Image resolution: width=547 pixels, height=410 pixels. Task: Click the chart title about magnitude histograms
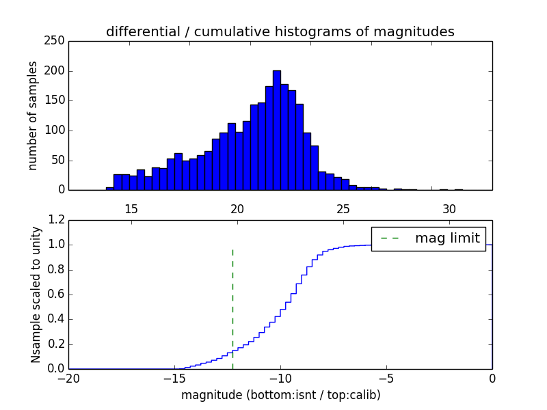pos(280,31)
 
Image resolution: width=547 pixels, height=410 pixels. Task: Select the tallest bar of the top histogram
pos(276,130)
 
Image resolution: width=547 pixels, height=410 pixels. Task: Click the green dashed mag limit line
pos(233,307)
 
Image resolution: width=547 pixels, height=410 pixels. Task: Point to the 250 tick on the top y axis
pos(57,41)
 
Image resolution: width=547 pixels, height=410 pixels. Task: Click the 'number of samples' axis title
pos(33,115)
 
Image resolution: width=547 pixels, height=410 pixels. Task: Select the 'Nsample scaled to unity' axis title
pos(36,295)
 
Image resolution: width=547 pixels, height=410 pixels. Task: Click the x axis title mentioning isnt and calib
pos(280,395)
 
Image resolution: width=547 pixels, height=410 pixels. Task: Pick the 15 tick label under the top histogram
pos(132,208)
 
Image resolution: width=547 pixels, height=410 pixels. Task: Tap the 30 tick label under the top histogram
pos(449,208)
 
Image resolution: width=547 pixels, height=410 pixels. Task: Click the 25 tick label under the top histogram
pos(343,208)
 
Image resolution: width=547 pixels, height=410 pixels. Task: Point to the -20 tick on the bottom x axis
pos(68,378)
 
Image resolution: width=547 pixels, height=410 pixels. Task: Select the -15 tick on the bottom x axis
pos(174,378)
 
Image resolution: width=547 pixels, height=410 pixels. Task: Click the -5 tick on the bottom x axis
pos(386,378)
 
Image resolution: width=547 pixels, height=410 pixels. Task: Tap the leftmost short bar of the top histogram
pos(109,188)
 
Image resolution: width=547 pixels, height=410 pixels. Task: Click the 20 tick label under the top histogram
pos(237,208)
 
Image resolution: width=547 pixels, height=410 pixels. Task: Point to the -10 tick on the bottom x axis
pos(280,378)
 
